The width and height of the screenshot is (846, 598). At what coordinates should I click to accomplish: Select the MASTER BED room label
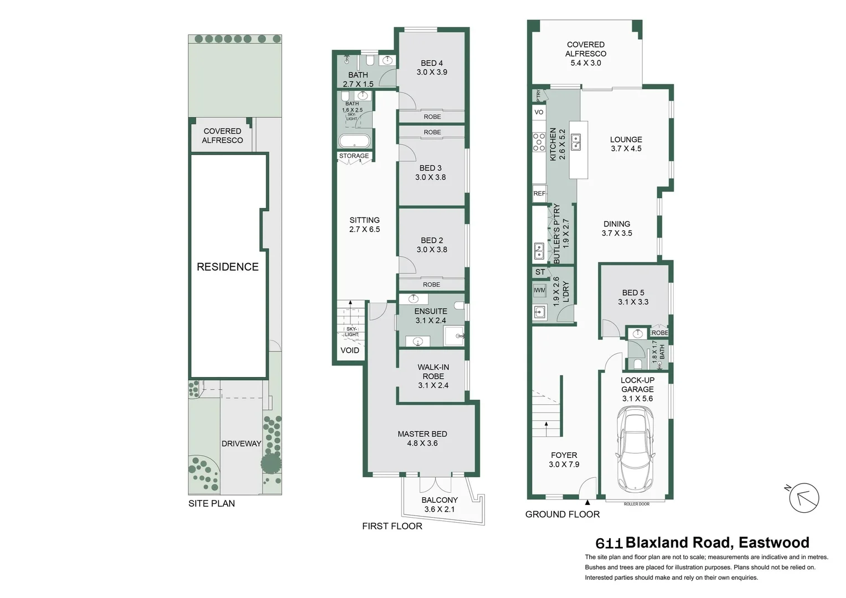[422, 434]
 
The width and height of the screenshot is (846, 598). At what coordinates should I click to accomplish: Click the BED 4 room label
[431, 63]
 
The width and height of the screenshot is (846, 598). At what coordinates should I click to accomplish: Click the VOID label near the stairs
[349, 350]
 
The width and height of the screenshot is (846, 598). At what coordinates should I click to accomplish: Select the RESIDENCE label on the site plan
[228, 267]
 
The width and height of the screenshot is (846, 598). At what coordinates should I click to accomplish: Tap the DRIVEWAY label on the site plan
[241, 444]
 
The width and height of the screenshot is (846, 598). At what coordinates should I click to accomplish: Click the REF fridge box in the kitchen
[539, 193]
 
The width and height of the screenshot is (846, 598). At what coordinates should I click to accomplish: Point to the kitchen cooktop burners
[539, 142]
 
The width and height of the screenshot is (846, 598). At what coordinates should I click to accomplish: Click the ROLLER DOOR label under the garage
[636, 504]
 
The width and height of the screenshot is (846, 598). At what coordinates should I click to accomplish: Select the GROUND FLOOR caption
[562, 514]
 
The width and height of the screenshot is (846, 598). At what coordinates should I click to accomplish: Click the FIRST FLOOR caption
[392, 526]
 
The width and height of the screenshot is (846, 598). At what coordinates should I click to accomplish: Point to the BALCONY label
[439, 500]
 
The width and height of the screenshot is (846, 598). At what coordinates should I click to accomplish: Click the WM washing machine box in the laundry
[539, 290]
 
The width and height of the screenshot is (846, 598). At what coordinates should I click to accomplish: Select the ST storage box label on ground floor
[540, 272]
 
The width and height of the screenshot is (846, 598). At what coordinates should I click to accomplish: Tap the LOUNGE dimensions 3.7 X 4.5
[626, 148]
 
